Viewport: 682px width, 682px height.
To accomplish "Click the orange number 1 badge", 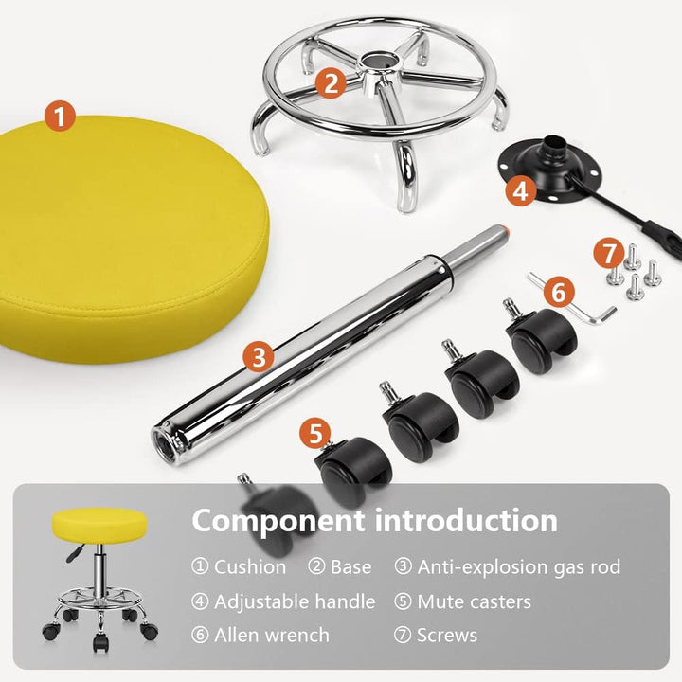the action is tap(60, 116).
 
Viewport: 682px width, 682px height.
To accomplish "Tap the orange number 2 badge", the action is tap(331, 82).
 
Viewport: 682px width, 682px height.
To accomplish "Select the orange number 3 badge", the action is tap(259, 357).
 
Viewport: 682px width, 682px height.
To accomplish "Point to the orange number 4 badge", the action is tap(521, 190).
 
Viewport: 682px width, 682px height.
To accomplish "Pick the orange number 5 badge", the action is tap(315, 433).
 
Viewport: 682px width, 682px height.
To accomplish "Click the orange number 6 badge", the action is tap(559, 292).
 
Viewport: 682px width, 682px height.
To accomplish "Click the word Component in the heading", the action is tap(278, 522).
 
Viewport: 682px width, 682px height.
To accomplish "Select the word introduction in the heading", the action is tap(466, 520).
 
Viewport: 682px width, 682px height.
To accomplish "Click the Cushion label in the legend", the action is tap(250, 566).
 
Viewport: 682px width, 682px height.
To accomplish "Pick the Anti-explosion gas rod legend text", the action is tap(519, 566).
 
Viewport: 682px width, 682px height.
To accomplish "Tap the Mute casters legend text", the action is tap(475, 602).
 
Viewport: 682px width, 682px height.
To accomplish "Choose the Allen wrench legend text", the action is tap(272, 635).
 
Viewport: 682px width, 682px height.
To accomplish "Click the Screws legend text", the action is tap(447, 636).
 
